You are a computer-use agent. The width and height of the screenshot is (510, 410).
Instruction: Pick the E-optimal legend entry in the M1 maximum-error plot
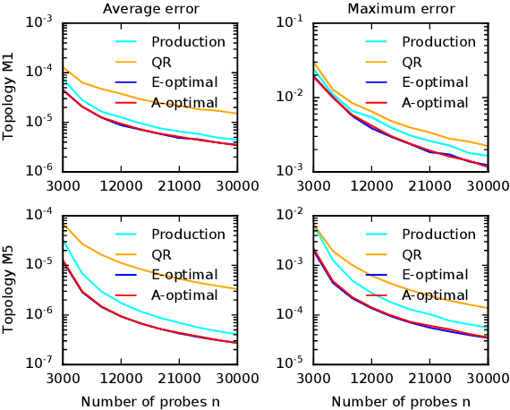click(435, 82)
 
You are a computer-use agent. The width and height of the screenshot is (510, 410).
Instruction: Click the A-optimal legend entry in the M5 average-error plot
click(184, 295)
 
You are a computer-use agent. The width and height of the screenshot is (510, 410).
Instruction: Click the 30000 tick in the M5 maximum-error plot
click(486, 378)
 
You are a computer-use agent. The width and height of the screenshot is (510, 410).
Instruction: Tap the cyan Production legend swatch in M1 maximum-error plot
click(378, 42)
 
